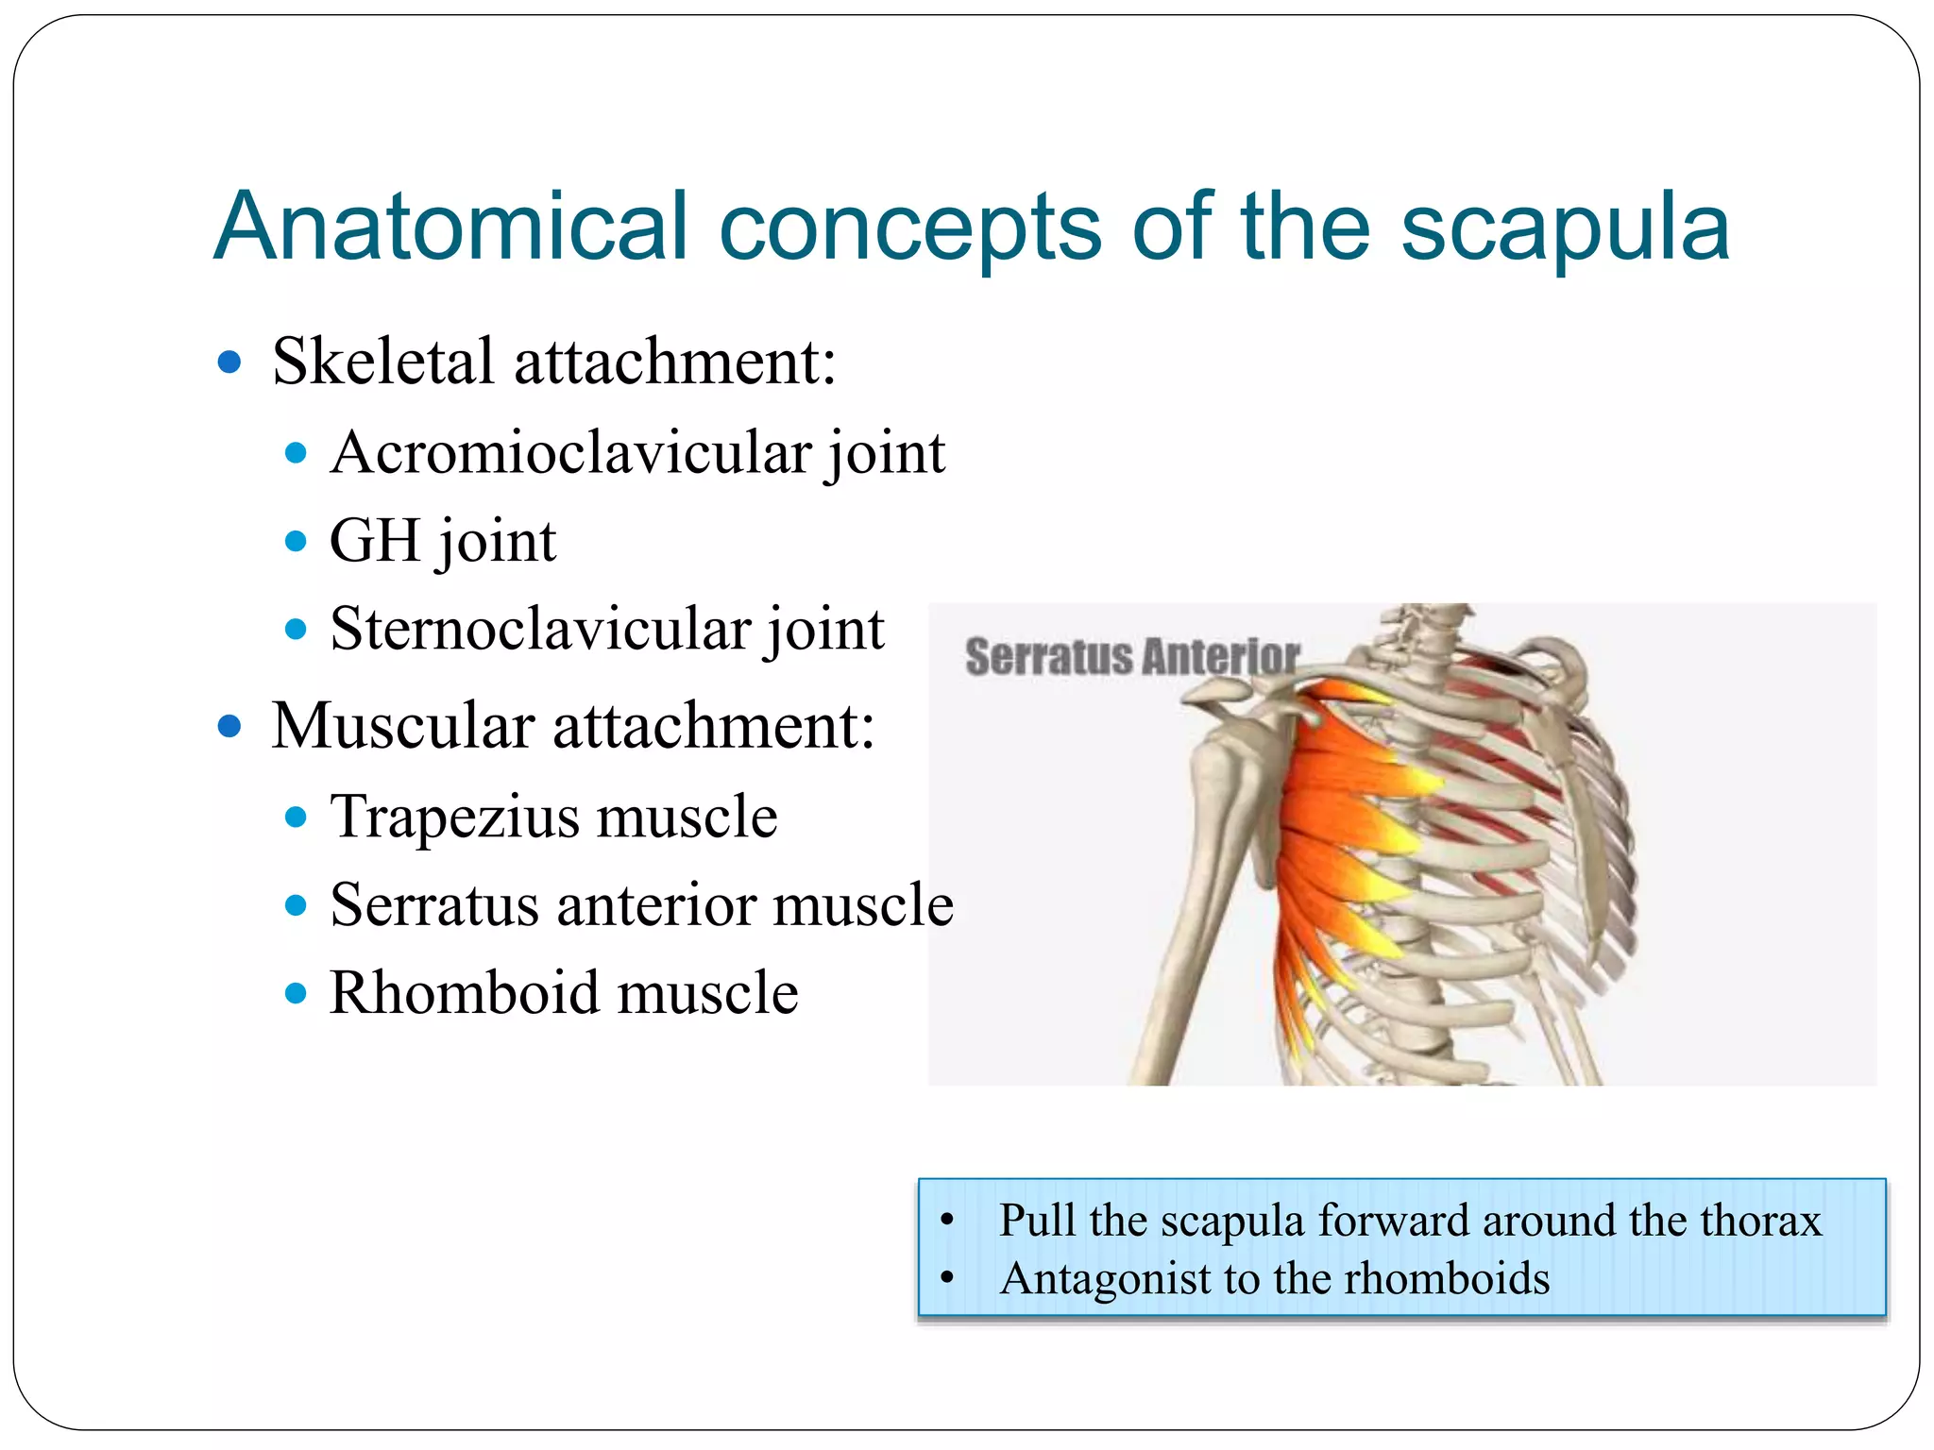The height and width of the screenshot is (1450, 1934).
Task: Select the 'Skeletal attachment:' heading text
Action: [553, 362]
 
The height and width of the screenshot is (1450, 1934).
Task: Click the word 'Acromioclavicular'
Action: [572, 453]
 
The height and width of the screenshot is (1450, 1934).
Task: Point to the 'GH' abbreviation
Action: [374, 541]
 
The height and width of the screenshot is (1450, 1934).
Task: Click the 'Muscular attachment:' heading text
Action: [572, 726]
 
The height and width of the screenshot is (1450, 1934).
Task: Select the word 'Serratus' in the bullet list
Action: [434, 904]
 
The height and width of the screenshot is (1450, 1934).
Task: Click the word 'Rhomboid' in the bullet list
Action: [463, 993]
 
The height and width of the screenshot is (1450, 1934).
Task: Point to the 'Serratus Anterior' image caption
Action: [1131, 656]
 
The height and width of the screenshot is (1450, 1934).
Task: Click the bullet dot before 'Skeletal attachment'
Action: [229, 362]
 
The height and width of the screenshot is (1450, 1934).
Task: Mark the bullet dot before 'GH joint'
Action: [296, 542]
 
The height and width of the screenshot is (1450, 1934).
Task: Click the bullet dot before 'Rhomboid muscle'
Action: [296, 993]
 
